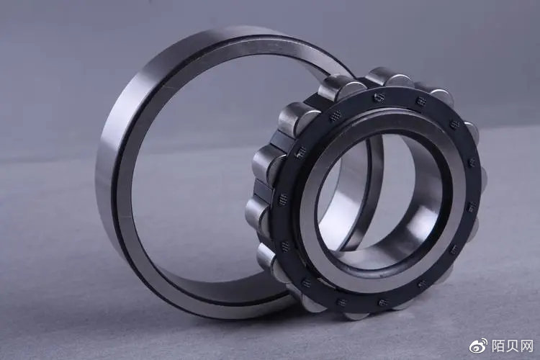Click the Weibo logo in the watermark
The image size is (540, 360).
[x=479, y=345]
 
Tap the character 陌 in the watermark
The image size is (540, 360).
[x=498, y=346]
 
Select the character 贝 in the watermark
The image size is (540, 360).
[x=512, y=346]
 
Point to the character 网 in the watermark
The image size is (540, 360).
[x=527, y=346]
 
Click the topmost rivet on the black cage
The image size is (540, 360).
[x=379, y=97]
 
